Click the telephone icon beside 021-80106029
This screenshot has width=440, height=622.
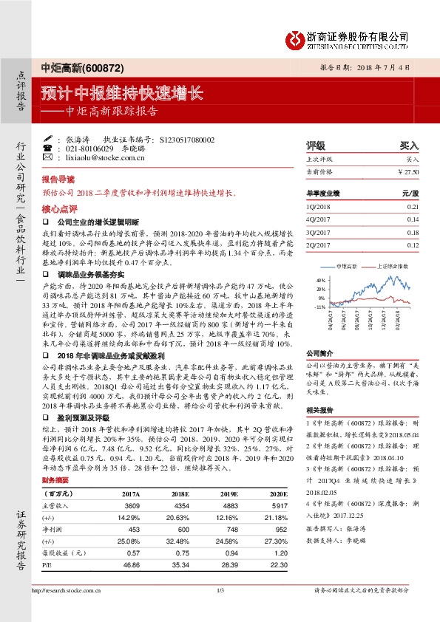tap(49, 148)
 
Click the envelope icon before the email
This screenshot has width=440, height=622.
tap(49, 157)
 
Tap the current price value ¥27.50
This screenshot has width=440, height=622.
tap(408, 171)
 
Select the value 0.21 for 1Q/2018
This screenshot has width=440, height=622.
tap(413, 206)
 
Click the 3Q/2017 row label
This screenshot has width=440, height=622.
tap(318, 233)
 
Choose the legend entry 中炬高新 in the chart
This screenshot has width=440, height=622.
tap(348, 264)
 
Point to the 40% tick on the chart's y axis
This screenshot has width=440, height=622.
tap(320, 281)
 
